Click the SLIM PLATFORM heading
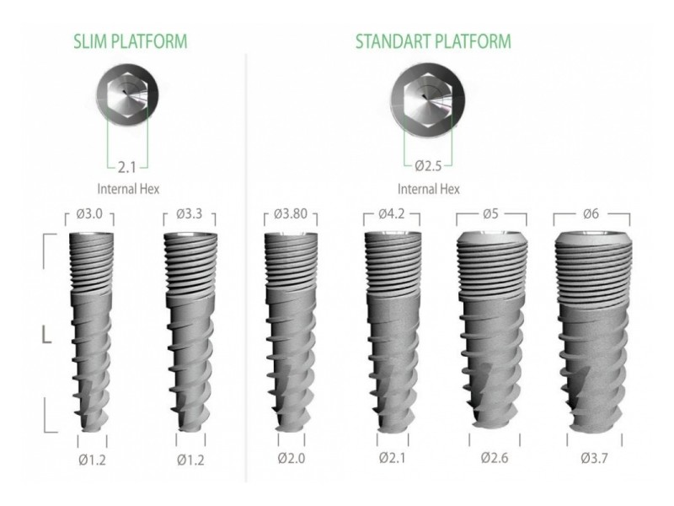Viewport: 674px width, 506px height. click(131, 41)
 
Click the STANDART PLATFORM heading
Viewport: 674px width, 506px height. click(433, 41)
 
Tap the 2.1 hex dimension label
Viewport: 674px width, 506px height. click(127, 167)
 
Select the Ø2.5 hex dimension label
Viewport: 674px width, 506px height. click(429, 165)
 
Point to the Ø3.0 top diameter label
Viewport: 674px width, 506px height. click(89, 213)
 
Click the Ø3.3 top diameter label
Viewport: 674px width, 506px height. click(189, 213)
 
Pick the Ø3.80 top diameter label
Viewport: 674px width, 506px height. click(291, 213)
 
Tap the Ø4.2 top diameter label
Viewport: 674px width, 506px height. click(392, 213)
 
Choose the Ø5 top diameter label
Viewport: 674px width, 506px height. click(490, 213)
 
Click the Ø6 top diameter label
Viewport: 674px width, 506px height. click(591, 213)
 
